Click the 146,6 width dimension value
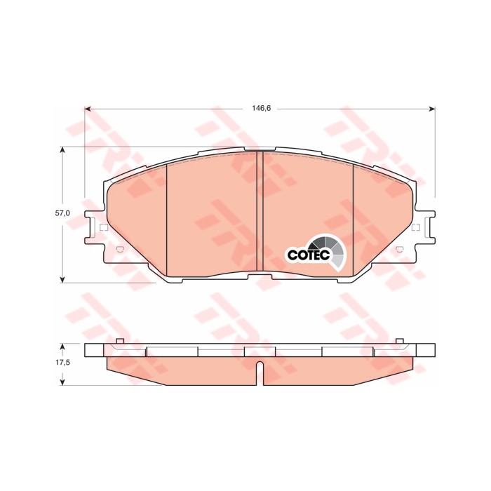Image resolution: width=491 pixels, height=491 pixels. pyautogui.click(x=261, y=109)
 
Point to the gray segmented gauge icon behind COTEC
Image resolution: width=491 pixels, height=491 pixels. pyautogui.click(x=334, y=251)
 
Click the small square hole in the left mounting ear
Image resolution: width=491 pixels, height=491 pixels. pyautogui.click(x=104, y=227)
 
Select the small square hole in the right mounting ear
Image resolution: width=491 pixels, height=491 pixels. pyautogui.click(x=415, y=227)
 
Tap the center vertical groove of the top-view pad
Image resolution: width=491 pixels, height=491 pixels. pyautogui.click(x=260, y=214)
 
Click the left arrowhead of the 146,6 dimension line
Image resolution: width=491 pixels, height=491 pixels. pyautogui.click(x=88, y=109)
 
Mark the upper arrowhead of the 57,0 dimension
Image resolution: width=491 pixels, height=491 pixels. pyautogui.click(x=63, y=149)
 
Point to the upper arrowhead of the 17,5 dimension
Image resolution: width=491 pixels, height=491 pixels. pyautogui.click(x=63, y=346)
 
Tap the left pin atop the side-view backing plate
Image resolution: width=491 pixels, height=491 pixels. pyautogui.click(x=119, y=341)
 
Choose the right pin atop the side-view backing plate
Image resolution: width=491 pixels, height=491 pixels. pyautogui.click(x=400, y=341)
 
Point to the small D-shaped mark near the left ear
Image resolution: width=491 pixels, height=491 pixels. pyautogui.click(x=119, y=250)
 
